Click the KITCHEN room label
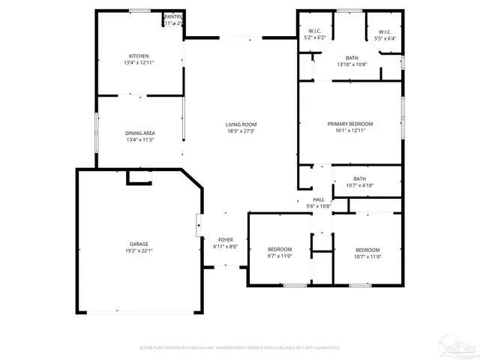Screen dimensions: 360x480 (x=139, y=56)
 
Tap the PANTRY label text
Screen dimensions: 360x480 (x=173, y=16)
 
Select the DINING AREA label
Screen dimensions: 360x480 (x=140, y=133)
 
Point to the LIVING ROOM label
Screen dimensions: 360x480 (x=241, y=124)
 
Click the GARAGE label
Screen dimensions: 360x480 (x=139, y=244)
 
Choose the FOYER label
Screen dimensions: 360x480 (x=226, y=240)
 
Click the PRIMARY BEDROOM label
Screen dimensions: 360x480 (x=349, y=124)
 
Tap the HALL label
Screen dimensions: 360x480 (x=319, y=199)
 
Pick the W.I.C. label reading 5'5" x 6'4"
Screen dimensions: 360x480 (x=382, y=32)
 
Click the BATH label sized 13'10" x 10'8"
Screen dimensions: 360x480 (x=352, y=58)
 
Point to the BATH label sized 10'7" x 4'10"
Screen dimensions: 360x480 (x=359, y=178)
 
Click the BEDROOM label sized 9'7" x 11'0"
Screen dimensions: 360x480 (x=280, y=250)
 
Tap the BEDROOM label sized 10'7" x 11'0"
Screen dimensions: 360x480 (x=367, y=250)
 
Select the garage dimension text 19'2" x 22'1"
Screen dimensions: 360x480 (x=139, y=251)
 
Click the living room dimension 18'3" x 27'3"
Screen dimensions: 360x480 (x=241, y=131)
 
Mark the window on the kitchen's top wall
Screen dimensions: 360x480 (x=139, y=10)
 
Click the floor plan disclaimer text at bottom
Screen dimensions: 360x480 (x=240, y=348)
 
